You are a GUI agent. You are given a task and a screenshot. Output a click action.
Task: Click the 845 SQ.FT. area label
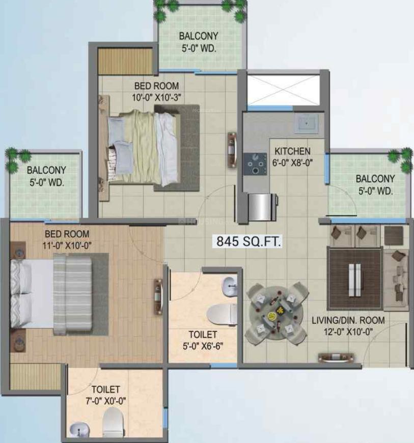pos(249,242)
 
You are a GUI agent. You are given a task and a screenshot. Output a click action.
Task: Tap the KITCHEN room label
pos(292,151)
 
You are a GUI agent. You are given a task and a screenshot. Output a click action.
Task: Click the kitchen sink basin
pos(306,123)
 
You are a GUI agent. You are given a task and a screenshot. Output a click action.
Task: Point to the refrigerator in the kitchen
pos(262,207)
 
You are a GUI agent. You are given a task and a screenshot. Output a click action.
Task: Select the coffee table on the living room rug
pos(354,280)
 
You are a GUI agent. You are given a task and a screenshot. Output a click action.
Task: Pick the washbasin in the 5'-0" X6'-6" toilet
pos(229,286)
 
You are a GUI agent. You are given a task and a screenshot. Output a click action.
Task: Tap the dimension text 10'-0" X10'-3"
pos(156,97)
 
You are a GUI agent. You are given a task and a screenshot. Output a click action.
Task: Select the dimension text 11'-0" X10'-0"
pos(67,245)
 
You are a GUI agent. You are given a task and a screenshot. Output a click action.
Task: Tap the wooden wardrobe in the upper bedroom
pos(125,61)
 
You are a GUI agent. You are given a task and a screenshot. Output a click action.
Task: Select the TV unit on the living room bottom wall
pos(336,357)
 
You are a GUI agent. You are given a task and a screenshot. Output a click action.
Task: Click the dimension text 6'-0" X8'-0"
pos(292,163)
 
